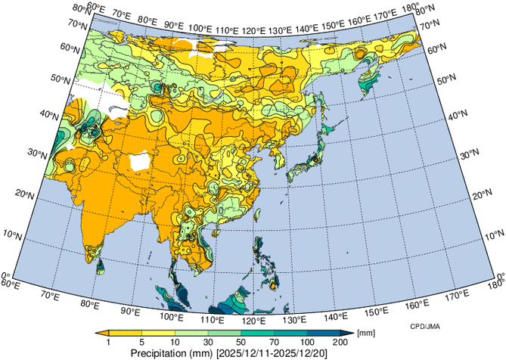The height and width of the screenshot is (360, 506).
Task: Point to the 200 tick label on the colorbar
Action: [340, 343]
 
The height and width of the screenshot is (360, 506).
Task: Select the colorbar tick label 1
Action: [108, 343]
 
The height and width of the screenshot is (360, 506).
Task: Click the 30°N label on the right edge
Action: [470, 154]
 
